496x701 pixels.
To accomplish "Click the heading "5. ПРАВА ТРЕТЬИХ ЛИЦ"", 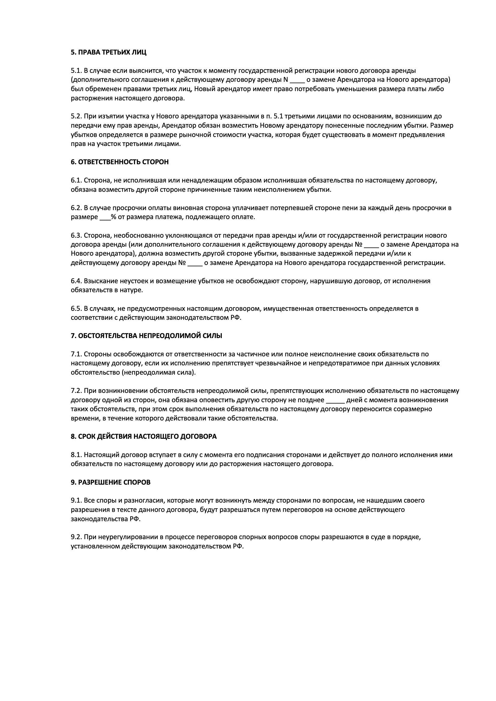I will [x=109, y=52].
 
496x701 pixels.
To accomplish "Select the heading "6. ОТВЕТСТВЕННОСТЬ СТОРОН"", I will [x=119, y=162].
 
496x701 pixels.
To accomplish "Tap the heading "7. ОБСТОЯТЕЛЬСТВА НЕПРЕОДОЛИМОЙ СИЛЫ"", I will [x=146, y=336].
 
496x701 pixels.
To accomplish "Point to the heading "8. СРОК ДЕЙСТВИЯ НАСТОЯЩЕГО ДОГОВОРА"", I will [x=144, y=437].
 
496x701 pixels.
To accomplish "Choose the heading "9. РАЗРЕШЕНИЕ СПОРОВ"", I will [x=111, y=483].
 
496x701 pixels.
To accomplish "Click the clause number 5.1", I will [x=76, y=71].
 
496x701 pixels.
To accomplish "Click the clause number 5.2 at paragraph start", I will [x=76, y=116].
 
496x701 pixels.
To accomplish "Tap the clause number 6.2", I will [x=76, y=208].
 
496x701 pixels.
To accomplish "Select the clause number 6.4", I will [x=76, y=281].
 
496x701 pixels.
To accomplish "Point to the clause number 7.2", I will [x=76, y=391].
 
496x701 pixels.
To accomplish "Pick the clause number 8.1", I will [x=76, y=455].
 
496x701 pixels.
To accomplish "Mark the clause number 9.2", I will [x=76, y=537].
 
